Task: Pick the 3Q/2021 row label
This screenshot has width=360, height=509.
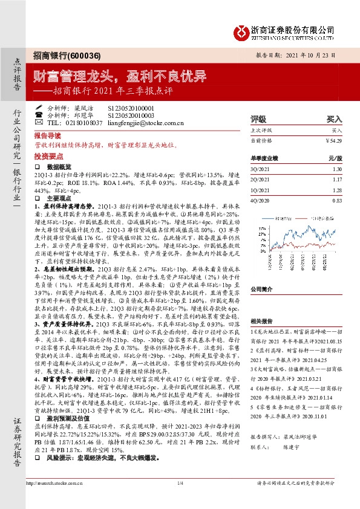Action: pos(259,169)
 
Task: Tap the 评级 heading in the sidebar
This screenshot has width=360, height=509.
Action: pos(258,119)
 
